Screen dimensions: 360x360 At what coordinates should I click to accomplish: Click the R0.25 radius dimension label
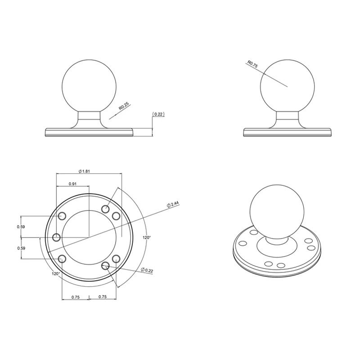click(123, 106)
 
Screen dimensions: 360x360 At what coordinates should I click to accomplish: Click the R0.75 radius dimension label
click(252, 64)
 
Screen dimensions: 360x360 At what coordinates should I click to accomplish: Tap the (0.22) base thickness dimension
click(158, 114)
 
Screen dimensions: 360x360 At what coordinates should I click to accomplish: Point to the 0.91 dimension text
click(72, 184)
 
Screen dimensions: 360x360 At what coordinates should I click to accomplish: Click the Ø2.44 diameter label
click(173, 204)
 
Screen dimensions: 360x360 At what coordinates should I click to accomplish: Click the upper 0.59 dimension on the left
click(21, 226)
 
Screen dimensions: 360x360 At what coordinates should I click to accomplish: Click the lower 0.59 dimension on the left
click(21, 248)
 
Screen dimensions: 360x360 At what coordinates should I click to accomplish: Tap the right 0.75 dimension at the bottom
click(102, 297)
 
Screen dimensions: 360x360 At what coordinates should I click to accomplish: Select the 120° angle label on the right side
click(147, 237)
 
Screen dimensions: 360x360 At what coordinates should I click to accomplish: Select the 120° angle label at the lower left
click(55, 273)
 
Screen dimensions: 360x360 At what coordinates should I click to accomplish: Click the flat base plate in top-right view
click(288, 132)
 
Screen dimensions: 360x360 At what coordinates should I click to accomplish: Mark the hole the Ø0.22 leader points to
click(106, 265)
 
